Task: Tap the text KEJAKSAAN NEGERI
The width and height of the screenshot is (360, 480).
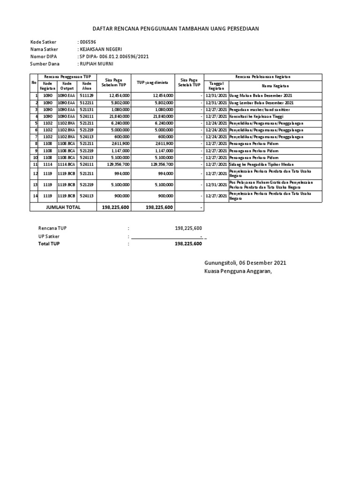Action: [101, 49]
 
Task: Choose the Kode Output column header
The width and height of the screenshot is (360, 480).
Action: [67, 86]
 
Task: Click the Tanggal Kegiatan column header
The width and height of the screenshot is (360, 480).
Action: [216, 86]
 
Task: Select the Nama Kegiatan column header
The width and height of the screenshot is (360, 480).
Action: [275, 86]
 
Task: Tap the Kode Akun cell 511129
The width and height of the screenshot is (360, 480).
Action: [87, 96]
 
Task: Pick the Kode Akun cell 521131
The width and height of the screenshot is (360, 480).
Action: [87, 109]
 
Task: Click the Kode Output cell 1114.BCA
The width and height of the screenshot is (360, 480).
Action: [67, 165]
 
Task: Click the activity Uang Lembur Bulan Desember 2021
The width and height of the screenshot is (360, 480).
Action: [261, 103]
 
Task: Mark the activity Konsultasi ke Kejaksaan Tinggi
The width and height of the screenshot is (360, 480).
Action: [259, 116]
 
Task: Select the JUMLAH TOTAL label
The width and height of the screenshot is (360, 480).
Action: [63, 207]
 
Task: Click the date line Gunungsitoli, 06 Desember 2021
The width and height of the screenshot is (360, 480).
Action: [245, 263]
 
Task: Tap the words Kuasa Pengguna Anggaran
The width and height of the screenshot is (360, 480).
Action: [238, 271]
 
